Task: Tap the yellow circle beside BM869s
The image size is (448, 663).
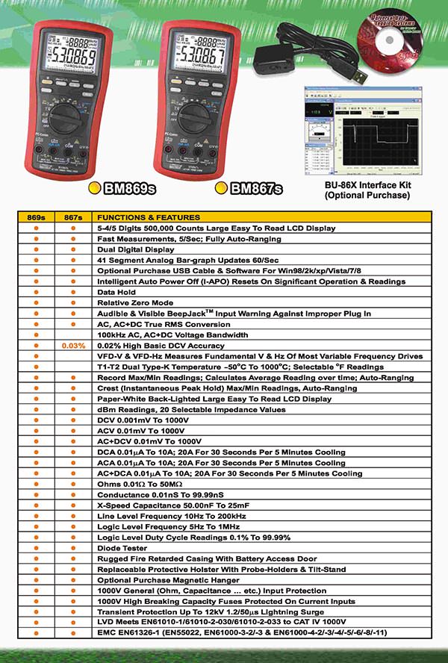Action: [x=95, y=188]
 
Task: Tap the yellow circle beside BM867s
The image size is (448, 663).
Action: [x=221, y=188]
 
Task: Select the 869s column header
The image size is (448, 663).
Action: [x=36, y=217]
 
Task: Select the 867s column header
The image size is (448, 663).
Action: [x=73, y=217]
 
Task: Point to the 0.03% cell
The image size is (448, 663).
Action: [x=73, y=346]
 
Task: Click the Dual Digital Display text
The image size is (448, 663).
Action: [x=137, y=249]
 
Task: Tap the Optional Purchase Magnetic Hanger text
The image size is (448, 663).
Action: [x=168, y=580]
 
